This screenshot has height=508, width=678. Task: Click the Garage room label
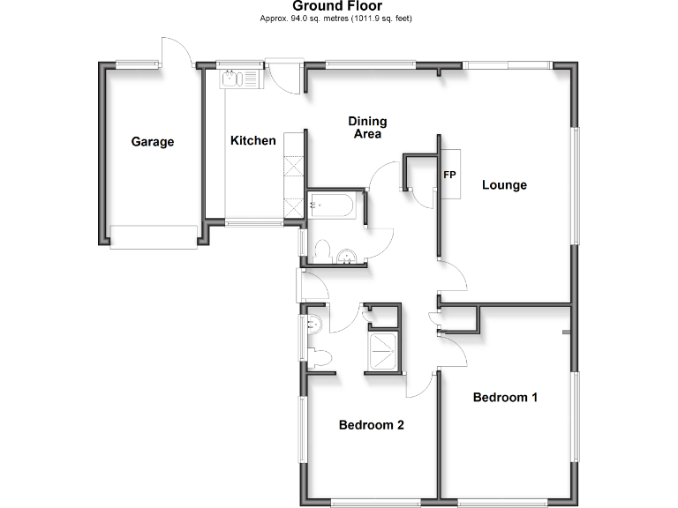point(153,141)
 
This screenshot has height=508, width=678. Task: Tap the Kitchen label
point(253,140)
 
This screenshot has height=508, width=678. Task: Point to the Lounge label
point(504,185)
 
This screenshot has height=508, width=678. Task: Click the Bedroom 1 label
point(505,397)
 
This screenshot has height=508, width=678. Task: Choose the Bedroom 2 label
point(372,425)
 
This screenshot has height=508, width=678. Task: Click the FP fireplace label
point(449,175)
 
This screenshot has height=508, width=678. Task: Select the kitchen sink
point(236,80)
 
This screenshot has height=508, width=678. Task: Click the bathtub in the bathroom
point(332,206)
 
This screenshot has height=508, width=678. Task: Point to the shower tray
point(382,350)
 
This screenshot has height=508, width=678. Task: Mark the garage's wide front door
point(153,236)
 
